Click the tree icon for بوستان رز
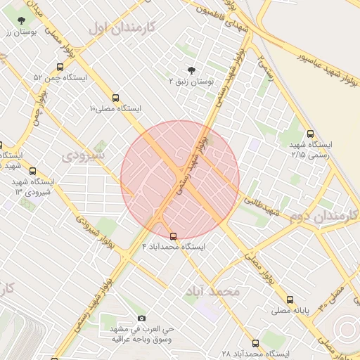pyautogui.click(x=24, y=20)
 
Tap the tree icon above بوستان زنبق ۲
pyautogui.click(x=191, y=69)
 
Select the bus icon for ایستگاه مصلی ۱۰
pyautogui.click(x=115, y=98)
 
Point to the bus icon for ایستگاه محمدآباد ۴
pyautogui.click(x=173, y=236)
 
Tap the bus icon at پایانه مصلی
pyautogui.click(x=290, y=300)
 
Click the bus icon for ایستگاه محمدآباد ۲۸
pyautogui.click(x=255, y=344)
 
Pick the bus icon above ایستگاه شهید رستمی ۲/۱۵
pyautogui.click(x=310, y=134)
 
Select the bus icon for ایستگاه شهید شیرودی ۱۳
pyautogui.click(x=32, y=171)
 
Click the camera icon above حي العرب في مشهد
pyautogui.click(x=141, y=319)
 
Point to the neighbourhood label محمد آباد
pyautogui.click(x=214, y=290)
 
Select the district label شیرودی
pyautogui.click(x=84, y=153)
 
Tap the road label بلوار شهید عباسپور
pyautogui.click(x=310, y=44)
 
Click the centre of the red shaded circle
pyautogui.click(x=180, y=180)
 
